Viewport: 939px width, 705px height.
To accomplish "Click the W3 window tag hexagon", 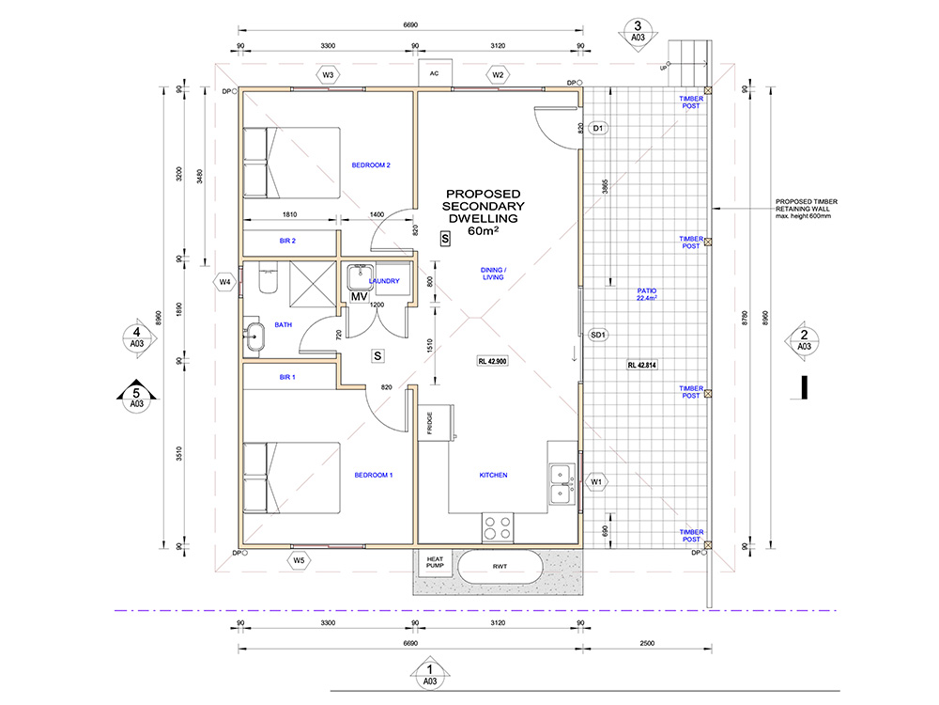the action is pyautogui.click(x=328, y=75).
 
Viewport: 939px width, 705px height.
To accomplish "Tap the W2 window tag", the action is pyautogui.click(x=498, y=75).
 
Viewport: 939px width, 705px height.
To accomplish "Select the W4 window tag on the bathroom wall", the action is pyautogui.click(x=224, y=282).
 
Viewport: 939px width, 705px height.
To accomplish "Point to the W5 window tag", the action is pyautogui.click(x=299, y=560).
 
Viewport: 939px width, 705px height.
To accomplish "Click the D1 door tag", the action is pyautogui.click(x=597, y=128).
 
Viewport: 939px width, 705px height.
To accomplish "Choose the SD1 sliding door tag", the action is pyautogui.click(x=597, y=335).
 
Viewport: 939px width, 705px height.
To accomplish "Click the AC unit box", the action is pyautogui.click(x=435, y=73).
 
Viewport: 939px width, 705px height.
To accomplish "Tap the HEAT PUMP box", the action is pyautogui.click(x=436, y=563).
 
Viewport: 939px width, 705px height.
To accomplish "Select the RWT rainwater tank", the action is pyautogui.click(x=500, y=566).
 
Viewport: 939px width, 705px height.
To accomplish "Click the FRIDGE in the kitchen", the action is pyautogui.click(x=435, y=423).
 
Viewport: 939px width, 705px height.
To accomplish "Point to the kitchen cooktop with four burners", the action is pyautogui.click(x=498, y=527).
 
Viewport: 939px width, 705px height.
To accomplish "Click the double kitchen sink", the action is pyautogui.click(x=562, y=484).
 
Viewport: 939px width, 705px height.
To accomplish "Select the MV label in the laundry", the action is pyautogui.click(x=360, y=297).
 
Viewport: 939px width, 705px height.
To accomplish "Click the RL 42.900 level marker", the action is pyautogui.click(x=492, y=362).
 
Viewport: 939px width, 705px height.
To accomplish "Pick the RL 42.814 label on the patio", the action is pyautogui.click(x=642, y=365).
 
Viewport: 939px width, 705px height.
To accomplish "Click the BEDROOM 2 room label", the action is pyautogui.click(x=371, y=165).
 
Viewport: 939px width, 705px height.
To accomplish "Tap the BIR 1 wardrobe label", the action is pyautogui.click(x=287, y=377).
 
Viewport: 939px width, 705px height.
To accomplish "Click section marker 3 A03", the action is pyautogui.click(x=638, y=34).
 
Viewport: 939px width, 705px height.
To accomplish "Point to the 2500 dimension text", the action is pyautogui.click(x=647, y=643).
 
